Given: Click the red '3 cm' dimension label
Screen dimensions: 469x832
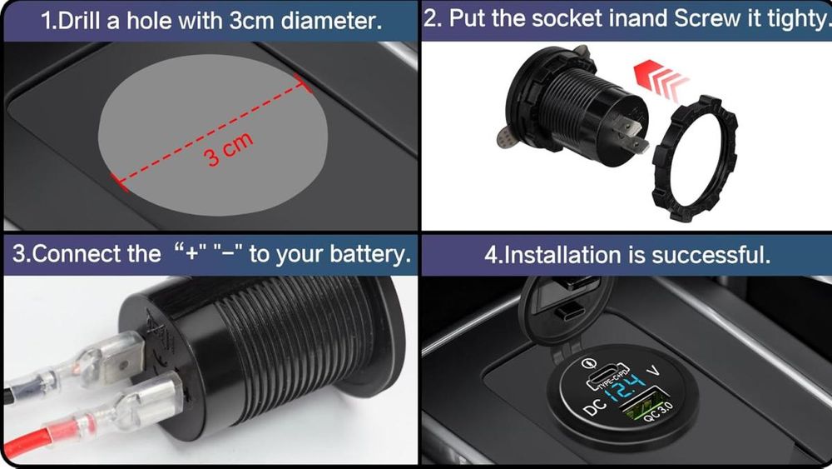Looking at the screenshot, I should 228,150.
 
